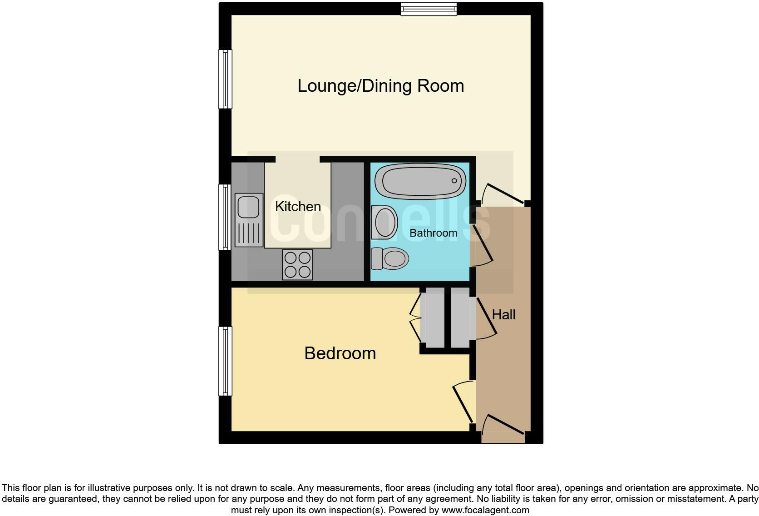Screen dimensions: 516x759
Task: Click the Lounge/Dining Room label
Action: click(x=380, y=86)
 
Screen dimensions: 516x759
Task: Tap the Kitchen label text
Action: click(x=298, y=207)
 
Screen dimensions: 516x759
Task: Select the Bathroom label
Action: click(x=433, y=233)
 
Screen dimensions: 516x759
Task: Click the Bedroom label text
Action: click(x=340, y=353)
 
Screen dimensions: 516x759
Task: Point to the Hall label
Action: click(x=503, y=315)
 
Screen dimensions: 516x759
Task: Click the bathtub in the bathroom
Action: click(x=420, y=181)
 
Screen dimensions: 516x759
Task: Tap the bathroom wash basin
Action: click(x=384, y=222)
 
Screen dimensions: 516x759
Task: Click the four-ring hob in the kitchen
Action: click(x=297, y=265)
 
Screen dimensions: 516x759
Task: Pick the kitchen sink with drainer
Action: click(x=249, y=220)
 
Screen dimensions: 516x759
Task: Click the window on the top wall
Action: click(x=429, y=9)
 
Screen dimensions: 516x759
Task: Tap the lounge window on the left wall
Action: click(x=225, y=79)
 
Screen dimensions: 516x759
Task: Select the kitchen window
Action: click(x=225, y=217)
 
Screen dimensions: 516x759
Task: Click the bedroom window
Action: click(x=225, y=361)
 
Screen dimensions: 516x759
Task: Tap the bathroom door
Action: click(x=481, y=245)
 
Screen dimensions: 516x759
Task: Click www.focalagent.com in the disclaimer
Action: click(x=485, y=510)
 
